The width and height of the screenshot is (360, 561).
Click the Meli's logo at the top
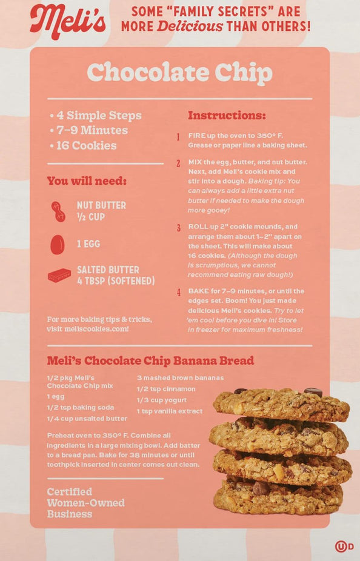68,21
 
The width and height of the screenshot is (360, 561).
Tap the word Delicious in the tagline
190,26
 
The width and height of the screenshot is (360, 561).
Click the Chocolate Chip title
179,73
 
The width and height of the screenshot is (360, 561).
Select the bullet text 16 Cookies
86,145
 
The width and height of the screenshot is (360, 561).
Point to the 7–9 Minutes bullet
92,130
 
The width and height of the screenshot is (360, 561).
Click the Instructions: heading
227,115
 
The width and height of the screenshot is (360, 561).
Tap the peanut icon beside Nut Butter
58,211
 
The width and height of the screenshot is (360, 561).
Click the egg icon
57,245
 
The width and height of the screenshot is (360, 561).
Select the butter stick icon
59,276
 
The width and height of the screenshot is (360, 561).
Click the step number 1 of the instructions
178,137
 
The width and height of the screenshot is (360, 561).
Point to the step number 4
178,292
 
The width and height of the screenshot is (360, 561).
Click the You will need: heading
87,181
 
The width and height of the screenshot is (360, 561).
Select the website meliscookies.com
96,329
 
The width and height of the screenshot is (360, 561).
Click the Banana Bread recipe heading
150,360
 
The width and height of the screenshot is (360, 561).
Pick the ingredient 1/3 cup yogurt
161,400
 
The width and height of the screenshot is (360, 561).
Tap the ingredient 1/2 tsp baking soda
81,408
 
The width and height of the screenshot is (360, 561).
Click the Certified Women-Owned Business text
86,503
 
